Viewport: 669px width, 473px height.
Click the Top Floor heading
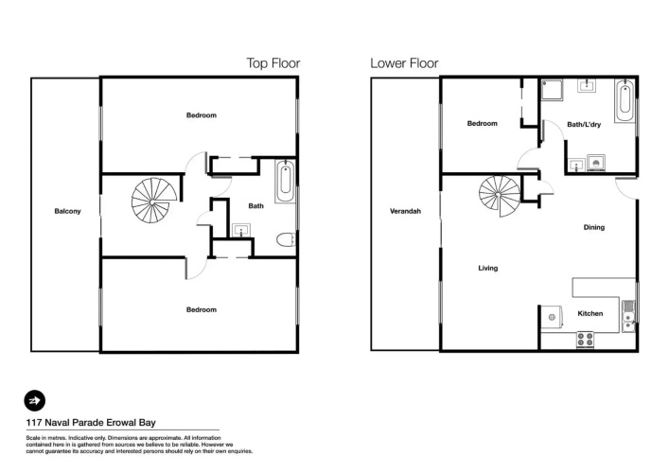(273, 63)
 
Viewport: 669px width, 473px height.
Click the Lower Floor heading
(404, 63)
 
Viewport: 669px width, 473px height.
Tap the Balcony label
(67, 211)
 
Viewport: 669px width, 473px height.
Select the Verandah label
(405, 211)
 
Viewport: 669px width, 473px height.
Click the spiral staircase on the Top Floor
(153, 201)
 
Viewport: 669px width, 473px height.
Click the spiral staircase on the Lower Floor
(500, 195)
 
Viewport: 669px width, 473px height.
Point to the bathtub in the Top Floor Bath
(285, 182)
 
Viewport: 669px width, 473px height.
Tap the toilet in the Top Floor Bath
(286, 239)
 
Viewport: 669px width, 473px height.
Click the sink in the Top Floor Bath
(241, 230)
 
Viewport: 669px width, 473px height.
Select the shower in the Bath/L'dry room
(552, 90)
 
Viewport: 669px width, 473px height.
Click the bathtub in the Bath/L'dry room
(625, 100)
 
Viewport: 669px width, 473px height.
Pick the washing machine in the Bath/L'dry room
(596, 163)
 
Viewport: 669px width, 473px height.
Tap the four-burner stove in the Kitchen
(585, 340)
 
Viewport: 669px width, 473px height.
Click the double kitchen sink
(628, 317)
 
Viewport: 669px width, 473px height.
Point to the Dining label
(594, 227)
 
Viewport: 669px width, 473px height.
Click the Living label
(487, 268)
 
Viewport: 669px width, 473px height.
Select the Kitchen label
(590, 313)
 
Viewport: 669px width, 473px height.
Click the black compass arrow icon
(35, 400)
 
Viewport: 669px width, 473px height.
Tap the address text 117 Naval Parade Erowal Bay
(91, 423)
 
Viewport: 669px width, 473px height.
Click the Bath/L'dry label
(584, 125)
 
